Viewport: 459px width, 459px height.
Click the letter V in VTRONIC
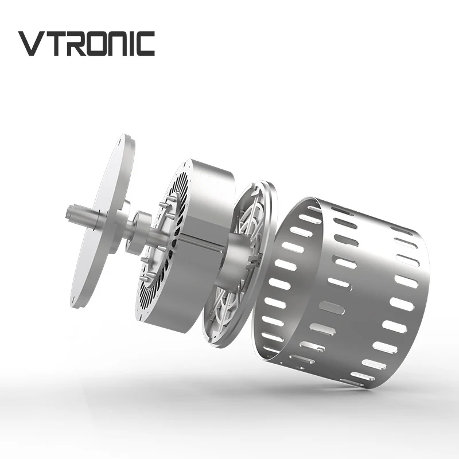tap(32, 44)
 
